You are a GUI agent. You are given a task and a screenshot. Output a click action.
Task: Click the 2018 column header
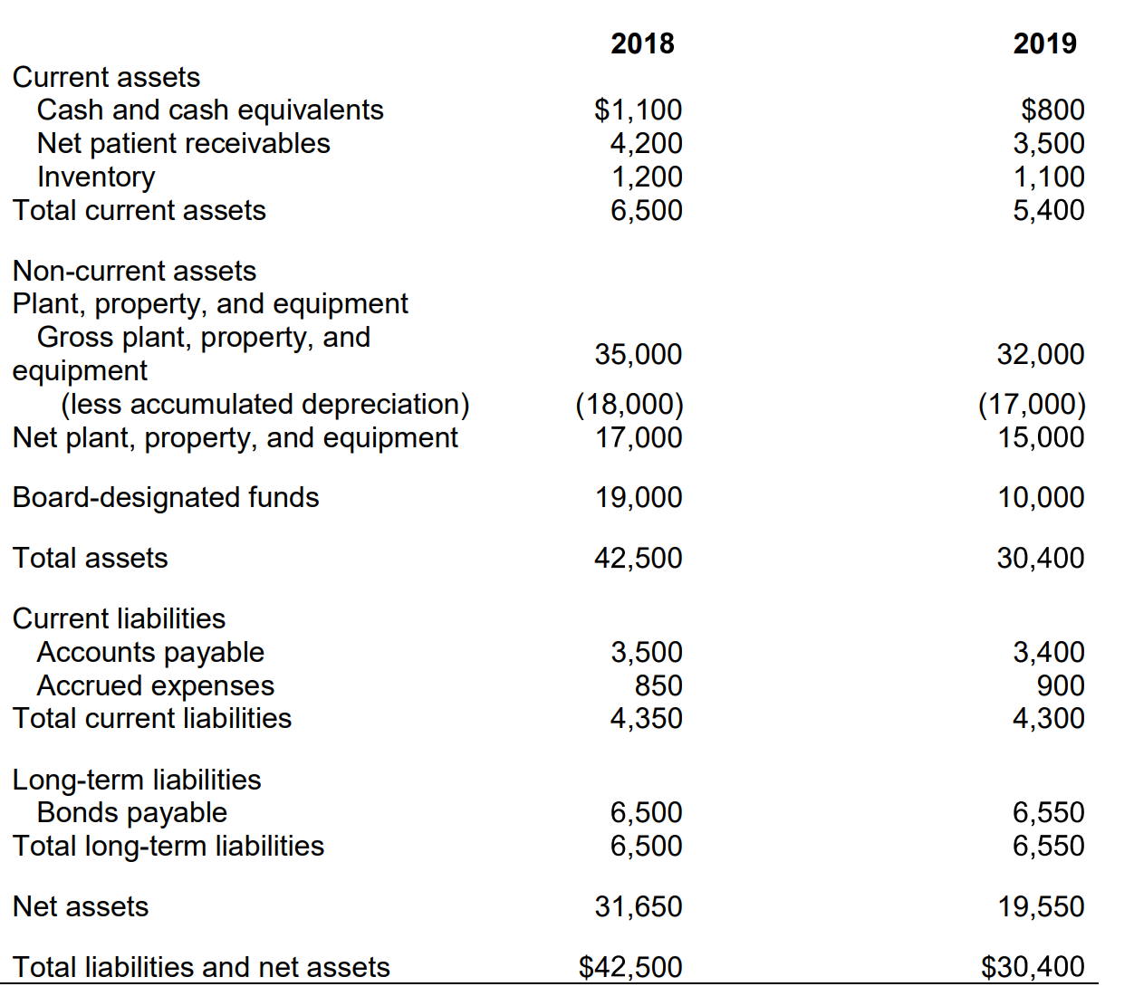pos(642,43)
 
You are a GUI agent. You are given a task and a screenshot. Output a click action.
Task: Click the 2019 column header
pos(1044,43)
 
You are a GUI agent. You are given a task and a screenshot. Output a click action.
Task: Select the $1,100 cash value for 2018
pos(638,110)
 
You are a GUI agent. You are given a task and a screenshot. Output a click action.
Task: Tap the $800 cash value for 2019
pos(1052,110)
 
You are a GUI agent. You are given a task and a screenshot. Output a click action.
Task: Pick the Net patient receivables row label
pos(183,143)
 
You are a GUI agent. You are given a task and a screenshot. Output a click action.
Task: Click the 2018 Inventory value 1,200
pos(646,177)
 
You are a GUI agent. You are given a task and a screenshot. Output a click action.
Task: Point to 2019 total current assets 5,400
pos(1048,210)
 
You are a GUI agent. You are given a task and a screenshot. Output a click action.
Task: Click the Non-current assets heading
pos(134,271)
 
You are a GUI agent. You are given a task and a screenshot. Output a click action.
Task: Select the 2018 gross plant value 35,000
pos(638,354)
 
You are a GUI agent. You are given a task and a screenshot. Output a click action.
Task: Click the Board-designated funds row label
pos(166,497)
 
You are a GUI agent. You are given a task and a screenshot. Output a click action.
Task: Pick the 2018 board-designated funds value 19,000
pos(638,497)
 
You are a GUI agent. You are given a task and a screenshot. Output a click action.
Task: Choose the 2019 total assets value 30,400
pos(1040,558)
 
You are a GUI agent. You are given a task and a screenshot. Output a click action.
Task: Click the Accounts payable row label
pos(150,652)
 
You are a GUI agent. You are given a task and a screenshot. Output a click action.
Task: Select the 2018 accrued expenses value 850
pos(658,685)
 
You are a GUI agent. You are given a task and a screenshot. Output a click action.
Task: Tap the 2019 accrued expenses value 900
pos(1061,685)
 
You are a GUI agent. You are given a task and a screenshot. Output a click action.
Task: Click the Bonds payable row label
pos(131,812)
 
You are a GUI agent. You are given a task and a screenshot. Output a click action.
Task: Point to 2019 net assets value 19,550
pos(1040,906)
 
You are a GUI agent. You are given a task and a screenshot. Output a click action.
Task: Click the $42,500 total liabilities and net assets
pos(630,967)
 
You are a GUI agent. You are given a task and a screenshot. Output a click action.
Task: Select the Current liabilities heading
pos(119,618)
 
